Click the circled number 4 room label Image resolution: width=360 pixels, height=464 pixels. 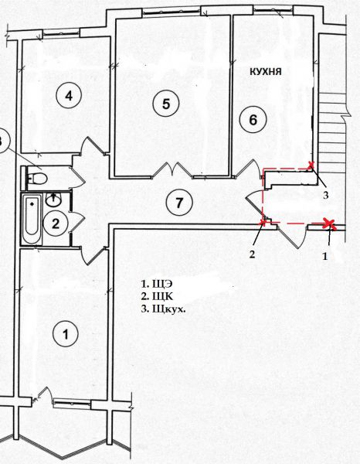click(69, 95)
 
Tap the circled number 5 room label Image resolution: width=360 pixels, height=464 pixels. click(166, 104)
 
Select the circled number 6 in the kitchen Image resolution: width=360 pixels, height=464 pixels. click(253, 120)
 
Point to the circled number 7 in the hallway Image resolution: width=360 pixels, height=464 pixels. click(179, 203)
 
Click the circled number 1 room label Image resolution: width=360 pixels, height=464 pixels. click(66, 334)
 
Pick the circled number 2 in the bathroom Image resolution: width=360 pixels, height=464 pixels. click(56, 223)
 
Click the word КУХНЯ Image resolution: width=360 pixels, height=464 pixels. click(266, 71)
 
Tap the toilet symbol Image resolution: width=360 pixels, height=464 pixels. click(37, 178)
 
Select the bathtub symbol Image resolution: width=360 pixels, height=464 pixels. click(32, 219)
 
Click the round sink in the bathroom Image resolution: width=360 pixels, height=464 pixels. click(53, 200)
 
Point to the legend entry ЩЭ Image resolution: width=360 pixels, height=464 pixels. click(157, 284)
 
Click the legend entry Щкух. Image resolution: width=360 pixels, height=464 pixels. click(164, 309)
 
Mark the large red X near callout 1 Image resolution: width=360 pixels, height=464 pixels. click(329, 223)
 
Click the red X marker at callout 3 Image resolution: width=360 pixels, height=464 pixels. click(311, 165)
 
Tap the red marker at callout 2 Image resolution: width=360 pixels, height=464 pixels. click(263, 222)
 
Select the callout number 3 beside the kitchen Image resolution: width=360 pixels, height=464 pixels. click(325, 196)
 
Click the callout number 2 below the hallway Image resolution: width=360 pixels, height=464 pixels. click(252, 254)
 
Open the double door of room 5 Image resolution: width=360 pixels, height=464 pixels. click(172, 170)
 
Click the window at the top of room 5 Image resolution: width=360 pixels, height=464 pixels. click(172, 12)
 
